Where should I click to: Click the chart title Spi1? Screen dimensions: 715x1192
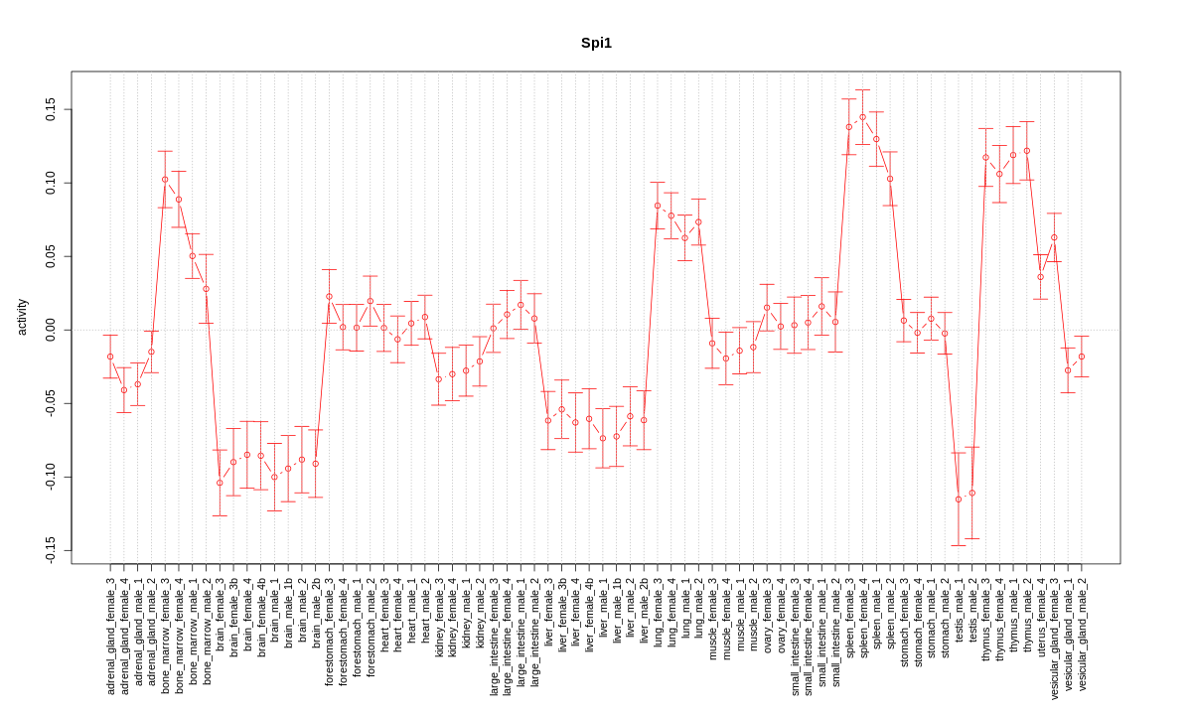[x=596, y=44]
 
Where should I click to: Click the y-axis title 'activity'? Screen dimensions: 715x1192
[x=23, y=317]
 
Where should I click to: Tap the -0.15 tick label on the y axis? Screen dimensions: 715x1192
[x=51, y=550]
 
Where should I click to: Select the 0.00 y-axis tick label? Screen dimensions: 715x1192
[x=51, y=330]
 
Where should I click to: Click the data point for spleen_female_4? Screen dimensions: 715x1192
[x=862, y=117]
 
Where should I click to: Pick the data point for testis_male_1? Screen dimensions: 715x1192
[x=959, y=500]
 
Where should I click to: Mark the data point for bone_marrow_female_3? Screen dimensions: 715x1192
[x=165, y=180]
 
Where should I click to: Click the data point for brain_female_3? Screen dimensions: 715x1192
[x=220, y=484]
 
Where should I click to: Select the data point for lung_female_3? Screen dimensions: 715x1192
[x=658, y=206]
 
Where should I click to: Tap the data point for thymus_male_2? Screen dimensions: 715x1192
[x=1027, y=151]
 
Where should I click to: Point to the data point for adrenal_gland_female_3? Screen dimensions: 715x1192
[x=110, y=357]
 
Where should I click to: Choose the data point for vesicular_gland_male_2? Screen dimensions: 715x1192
[x=1082, y=357]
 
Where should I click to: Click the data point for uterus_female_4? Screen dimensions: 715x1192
[x=1041, y=276]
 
